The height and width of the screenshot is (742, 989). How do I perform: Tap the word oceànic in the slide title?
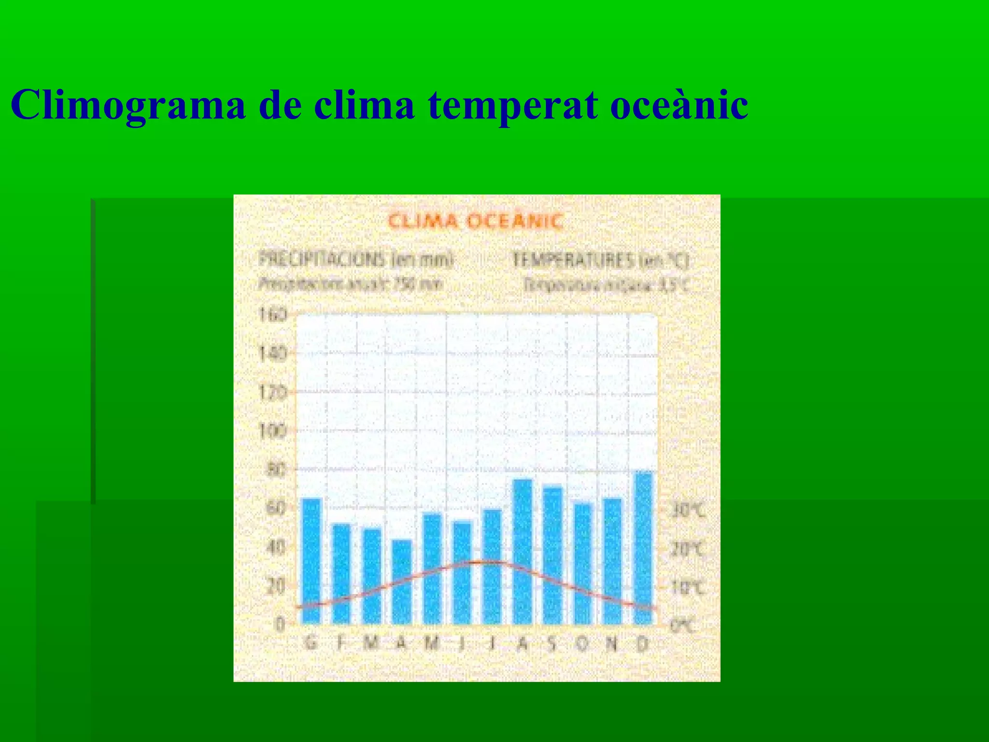(679, 105)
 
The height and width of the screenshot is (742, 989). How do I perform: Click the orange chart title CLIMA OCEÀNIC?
(476, 222)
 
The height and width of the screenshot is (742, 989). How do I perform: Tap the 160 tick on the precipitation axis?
(273, 315)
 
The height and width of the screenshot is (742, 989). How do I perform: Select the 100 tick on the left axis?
(273, 430)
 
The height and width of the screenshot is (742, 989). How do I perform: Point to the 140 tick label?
(273, 354)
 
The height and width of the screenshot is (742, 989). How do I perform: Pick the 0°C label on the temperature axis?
(682, 626)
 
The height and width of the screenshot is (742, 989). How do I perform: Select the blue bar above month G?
(311, 560)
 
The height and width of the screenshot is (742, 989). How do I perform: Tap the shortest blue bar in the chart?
(402, 582)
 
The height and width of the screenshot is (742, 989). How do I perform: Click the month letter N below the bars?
(612, 644)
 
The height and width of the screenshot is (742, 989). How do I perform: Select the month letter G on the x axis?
(311, 644)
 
